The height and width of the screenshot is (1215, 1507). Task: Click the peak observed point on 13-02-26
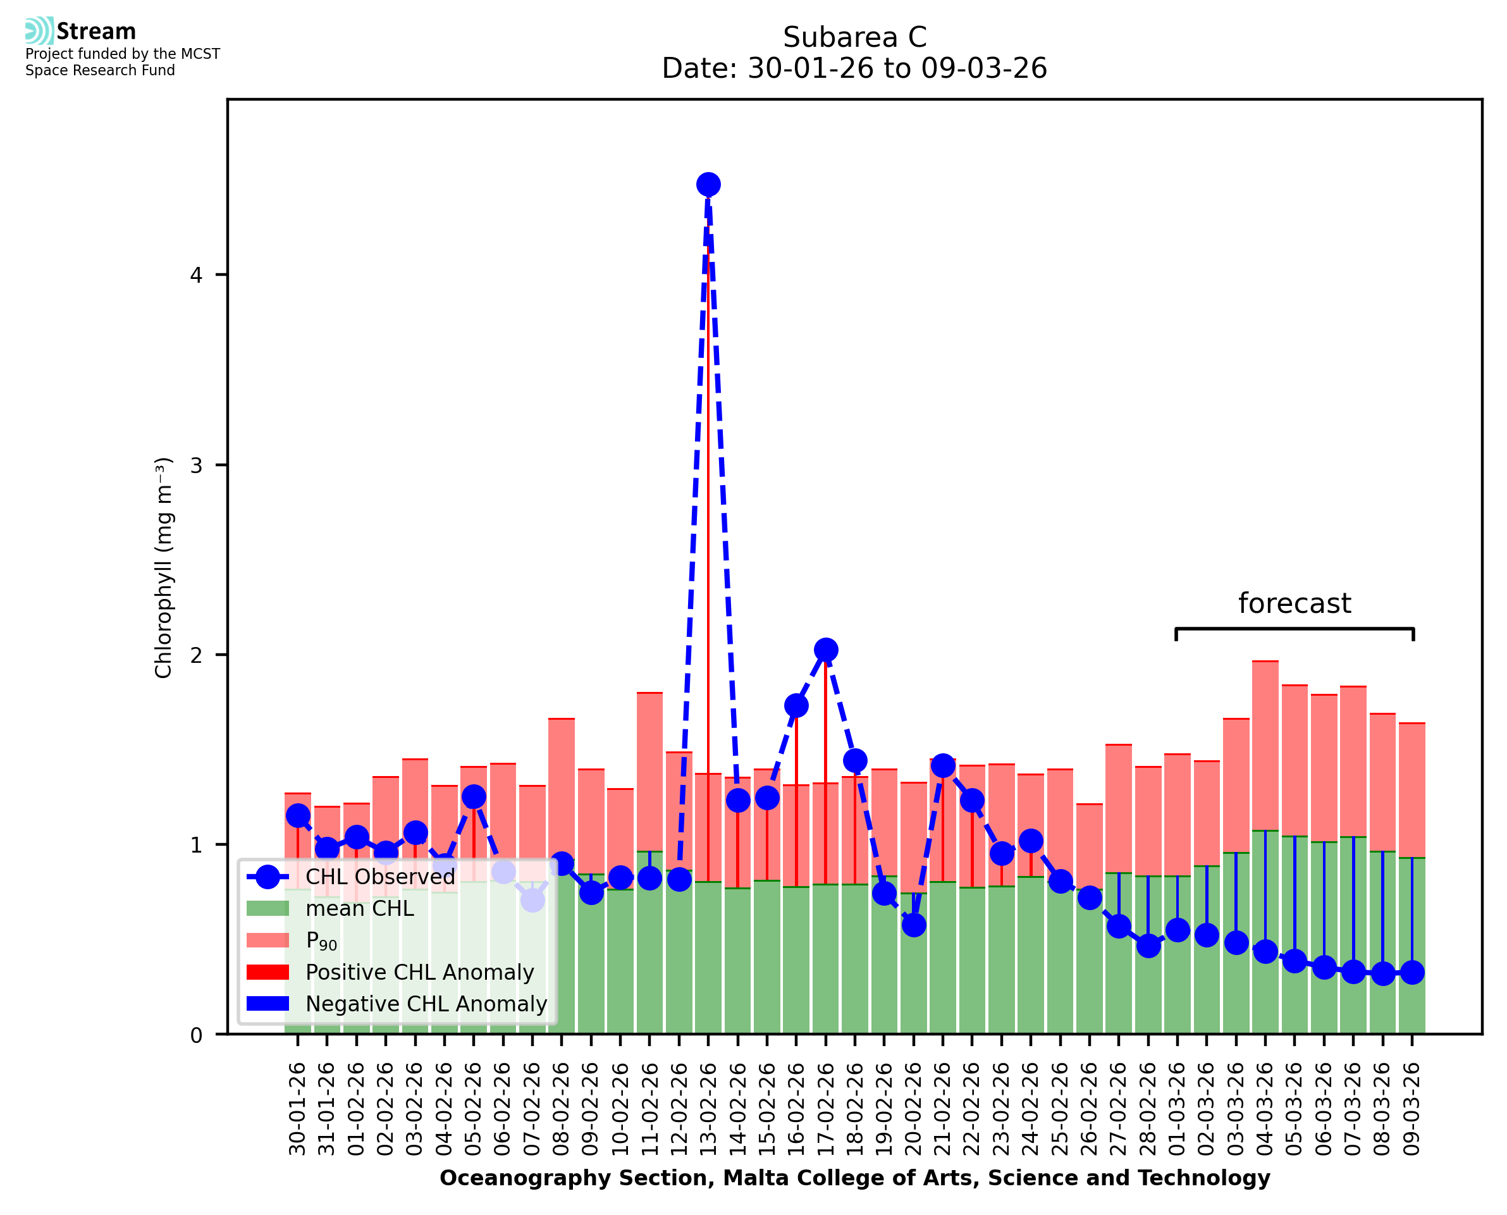tap(708, 185)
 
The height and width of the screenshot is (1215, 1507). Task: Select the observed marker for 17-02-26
tap(825, 650)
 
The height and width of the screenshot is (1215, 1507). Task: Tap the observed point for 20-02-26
tap(914, 925)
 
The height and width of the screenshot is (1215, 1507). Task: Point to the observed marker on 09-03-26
tap(1412, 973)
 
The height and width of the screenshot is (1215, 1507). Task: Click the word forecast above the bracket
tap(1295, 603)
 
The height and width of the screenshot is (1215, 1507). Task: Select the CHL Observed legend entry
tap(380, 876)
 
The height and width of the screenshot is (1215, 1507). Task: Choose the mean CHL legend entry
tap(360, 908)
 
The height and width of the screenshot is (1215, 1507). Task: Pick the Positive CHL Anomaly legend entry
tap(420, 972)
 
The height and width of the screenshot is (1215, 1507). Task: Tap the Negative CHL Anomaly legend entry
tap(426, 1004)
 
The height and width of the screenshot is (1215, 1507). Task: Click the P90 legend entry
tap(321, 941)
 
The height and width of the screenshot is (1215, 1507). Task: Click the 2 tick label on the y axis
tap(196, 655)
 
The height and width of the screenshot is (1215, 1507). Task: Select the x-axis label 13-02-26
tap(709, 1110)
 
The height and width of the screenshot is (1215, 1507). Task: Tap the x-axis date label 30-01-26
tap(298, 1110)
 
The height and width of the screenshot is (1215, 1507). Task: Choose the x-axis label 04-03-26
tap(1265, 1110)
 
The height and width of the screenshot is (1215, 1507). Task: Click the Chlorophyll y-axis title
tap(163, 567)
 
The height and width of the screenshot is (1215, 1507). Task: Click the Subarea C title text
tap(854, 37)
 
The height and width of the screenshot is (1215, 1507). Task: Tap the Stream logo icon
tap(39, 31)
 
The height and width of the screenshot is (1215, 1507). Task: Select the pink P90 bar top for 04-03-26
tap(1265, 662)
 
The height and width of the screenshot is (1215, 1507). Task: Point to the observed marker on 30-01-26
tap(298, 815)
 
